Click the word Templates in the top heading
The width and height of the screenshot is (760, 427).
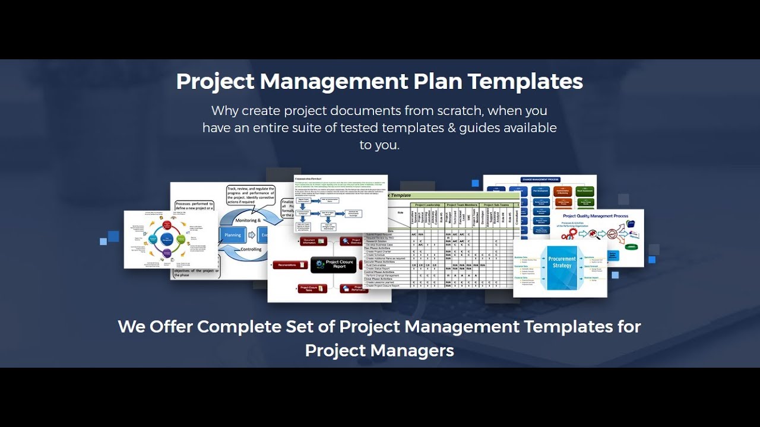pyautogui.click(x=525, y=81)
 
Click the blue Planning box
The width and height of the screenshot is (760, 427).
pyautogui.click(x=233, y=235)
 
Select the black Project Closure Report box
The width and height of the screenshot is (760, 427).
pyautogui.click(x=334, y=265)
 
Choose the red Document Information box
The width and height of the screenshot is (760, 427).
pyautogui.click(x=312, y=241)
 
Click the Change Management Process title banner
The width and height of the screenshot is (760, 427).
pyautogui.click(x=540, y=179)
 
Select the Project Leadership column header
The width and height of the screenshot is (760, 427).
pyautogui.click(x=427, y=205)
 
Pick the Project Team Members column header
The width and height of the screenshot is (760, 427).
pyautogui.click(x=462, y=205)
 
